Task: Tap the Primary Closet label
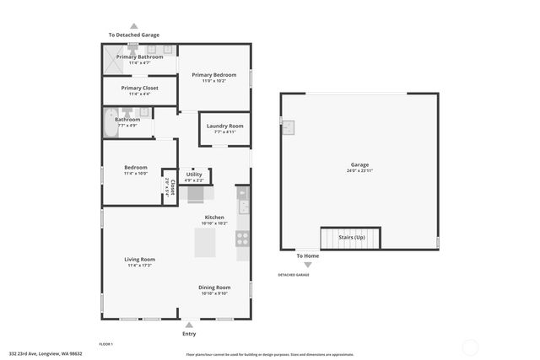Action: [x=139, y=88]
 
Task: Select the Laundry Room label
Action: [x=224, y=126]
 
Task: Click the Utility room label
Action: [x=194, y=175]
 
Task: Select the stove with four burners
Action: [x=243, y=239]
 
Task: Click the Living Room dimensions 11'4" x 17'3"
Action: [x=141, y=266]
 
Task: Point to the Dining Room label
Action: [x=214, y=287]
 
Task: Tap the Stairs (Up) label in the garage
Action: [x=352, y=238]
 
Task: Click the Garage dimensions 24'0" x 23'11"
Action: [x=359, y=170]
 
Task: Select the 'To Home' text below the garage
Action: [x=307, y=255]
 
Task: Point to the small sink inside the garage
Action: [x=289, y=126]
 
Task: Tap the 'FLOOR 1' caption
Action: [x=106, y=344]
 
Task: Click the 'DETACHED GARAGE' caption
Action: [x=294, y=275]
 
